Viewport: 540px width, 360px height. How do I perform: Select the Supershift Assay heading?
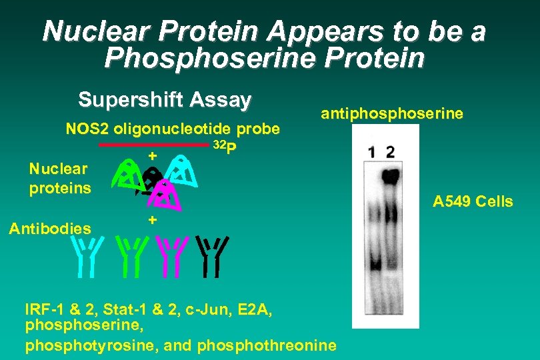click(x=165, y=100)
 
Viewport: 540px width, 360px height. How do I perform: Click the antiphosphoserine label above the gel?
click(x=391, y=114)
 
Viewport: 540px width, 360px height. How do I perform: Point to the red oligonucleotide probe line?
click(x=153, y=145)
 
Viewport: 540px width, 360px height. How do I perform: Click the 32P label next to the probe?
click(x=224, y=148)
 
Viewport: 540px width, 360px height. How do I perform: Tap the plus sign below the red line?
click(x=152, y=155)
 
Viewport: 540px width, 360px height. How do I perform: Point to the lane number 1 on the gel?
click(x=371, y=153)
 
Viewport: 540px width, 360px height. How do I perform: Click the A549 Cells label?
click(x=473, y=201)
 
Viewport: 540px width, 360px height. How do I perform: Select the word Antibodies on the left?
click(x=50, y=229)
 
